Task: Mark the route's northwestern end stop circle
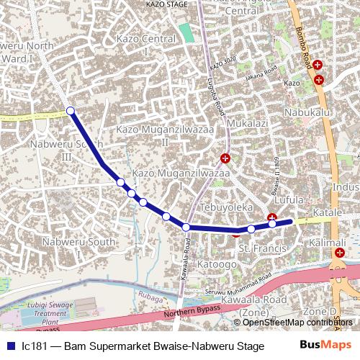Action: coord(71,110)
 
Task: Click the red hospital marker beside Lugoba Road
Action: coord(225,158)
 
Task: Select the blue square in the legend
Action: coord(10,345)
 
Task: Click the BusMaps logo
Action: coord(325,344)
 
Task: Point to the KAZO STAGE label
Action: coord(166,3)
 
